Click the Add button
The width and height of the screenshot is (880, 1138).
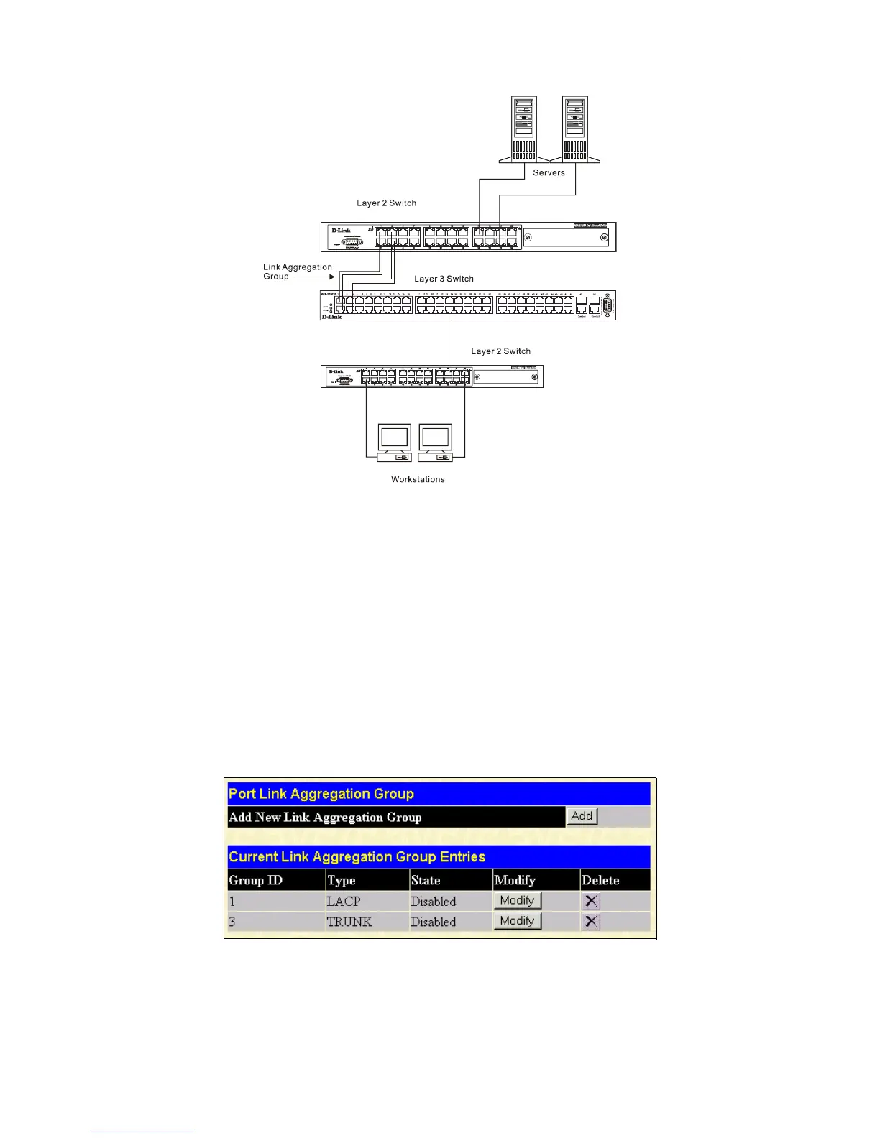tap(582, 816)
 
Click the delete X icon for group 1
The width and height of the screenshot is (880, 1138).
tap(591, 901)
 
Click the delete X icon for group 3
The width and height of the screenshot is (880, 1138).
tap(591, 922)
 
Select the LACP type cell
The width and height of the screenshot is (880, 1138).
tap(344, 901)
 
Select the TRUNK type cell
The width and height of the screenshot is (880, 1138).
tap(349, 922)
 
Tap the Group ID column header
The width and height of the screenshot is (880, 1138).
tap(256, 880)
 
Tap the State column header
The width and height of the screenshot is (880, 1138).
tap(426, 880)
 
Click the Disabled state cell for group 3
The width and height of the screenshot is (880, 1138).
tap(434, 922)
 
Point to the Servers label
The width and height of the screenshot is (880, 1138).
tap(549, 172)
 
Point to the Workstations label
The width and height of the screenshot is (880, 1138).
tap(418, 479)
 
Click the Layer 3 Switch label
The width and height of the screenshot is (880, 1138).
tap(444, 279)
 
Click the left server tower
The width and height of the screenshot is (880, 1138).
tap(524, 129)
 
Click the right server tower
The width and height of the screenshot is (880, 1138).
tap(575, 129)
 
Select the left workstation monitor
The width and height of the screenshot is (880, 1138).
tap(395, 438)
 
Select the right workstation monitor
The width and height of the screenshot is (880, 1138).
tap(435, 438)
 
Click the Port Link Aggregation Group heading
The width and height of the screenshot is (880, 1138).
tap(321, 794)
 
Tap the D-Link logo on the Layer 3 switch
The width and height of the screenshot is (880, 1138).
tap(331, 316)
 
